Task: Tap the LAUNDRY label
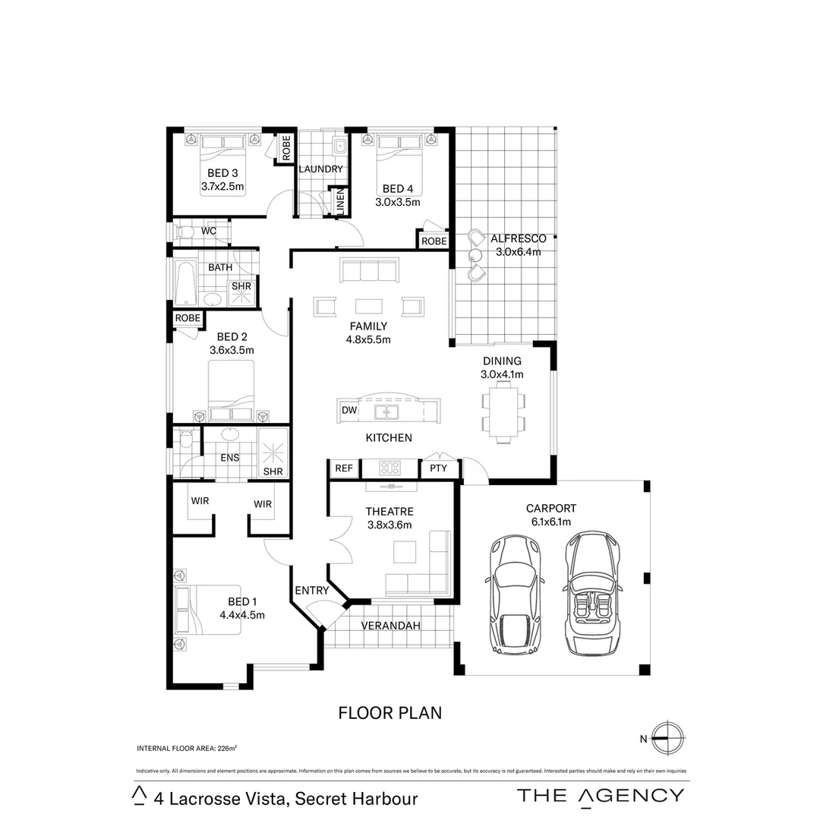tap(320, 169)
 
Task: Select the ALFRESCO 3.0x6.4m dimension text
tap(518, 252)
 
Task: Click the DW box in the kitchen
tap(349, 410)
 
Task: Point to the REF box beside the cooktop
tap(344, 468)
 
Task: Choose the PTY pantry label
tap(439, 468)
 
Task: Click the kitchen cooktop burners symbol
tap(389, 468)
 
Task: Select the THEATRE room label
tap(389, 512)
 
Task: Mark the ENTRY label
tap(311, 590)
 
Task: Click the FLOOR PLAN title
tap(389, 713)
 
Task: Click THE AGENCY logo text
tap(600, 795)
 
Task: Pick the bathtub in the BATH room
tap(185, 284)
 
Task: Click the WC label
tap(209, 231)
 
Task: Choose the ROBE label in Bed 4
tap(434, 241)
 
